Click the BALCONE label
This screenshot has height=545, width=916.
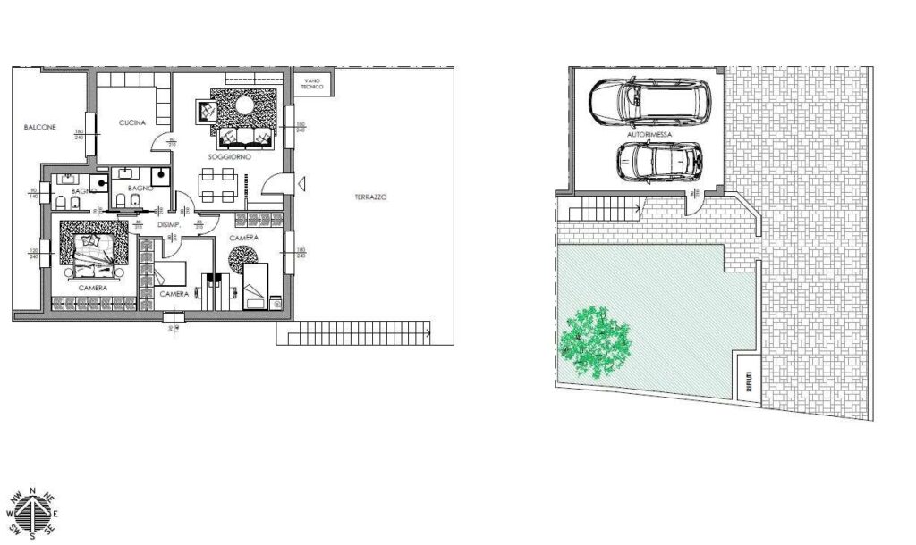tap(40, 128)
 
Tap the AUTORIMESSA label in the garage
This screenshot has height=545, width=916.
tap(647, 134)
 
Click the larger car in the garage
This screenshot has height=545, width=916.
tap(649, 103)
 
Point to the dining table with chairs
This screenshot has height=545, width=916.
tap(218, 188)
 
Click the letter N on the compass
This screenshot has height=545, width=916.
tap(32, 492)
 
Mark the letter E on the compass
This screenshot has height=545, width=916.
tap(55, 515)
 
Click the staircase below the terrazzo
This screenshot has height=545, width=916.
tap(353, 334)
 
